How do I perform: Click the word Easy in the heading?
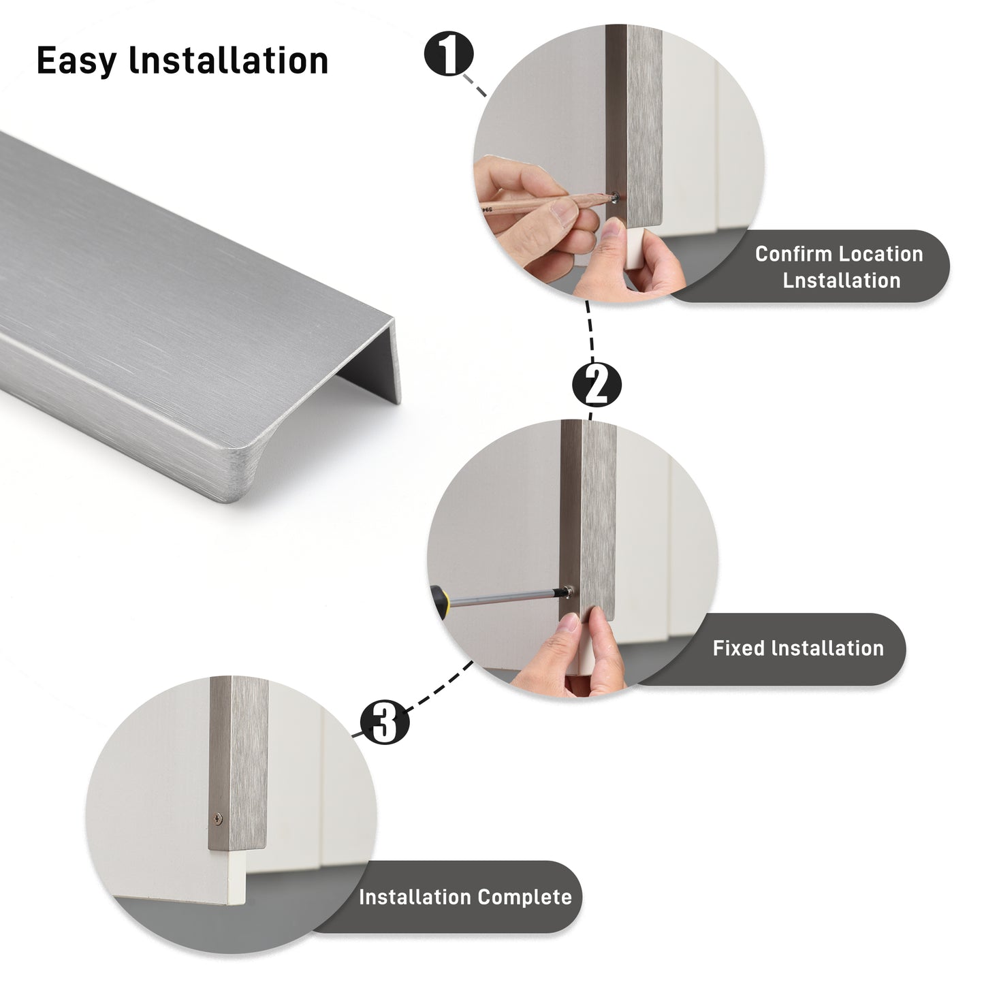[76, 61]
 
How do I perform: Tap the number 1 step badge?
[449, 54]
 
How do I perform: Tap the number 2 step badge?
[597, 385]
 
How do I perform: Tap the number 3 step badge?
[385, 722]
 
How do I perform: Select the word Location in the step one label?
[881, 254]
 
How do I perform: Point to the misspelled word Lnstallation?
[842, 281]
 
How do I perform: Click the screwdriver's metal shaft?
[505, 597]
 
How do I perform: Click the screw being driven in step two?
[567, 592]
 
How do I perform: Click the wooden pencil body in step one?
[546, 204]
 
